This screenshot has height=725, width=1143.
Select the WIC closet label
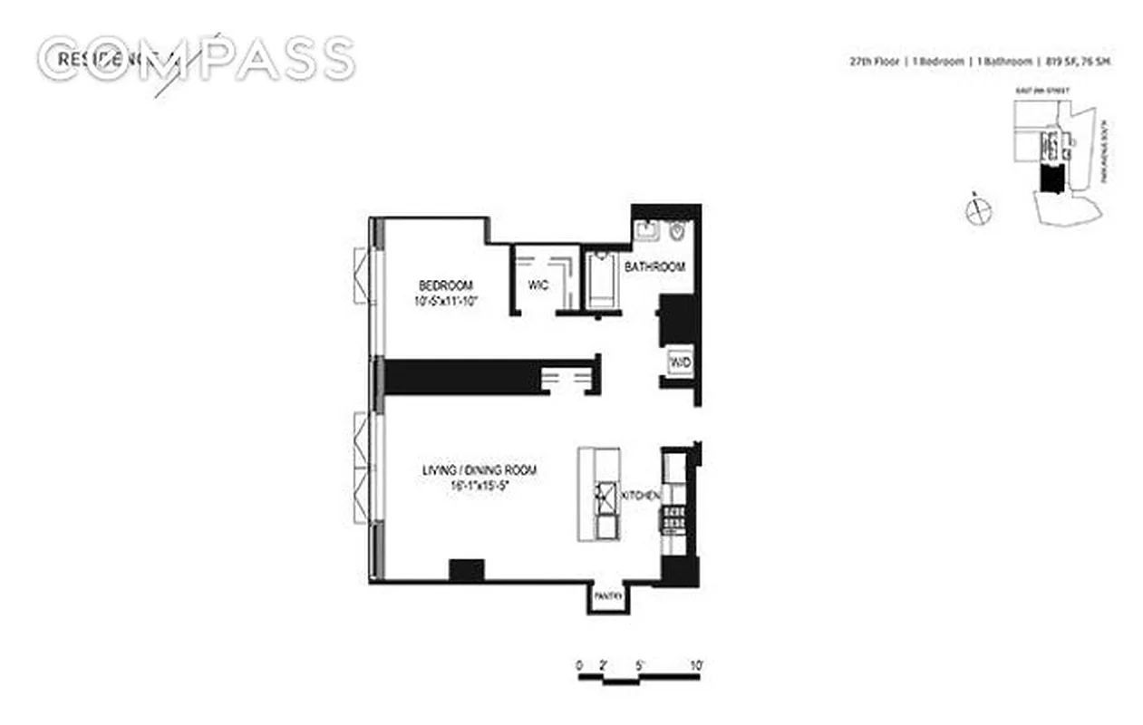[x=538, y=285]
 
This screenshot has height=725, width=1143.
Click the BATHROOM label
[x=653, y=267]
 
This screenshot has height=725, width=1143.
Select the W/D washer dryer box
[x=680, y=362]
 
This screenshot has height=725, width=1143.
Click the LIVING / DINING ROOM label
[x=479, y=470]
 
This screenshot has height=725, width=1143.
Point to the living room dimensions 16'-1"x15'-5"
[x=479, y=486]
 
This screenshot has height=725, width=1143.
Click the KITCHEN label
[x=640, y=496]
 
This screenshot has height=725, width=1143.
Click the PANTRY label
[x=605, y=596]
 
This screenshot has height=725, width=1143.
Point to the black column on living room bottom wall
[x=467, y=570]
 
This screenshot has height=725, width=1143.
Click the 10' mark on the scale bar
[x=696, y=664]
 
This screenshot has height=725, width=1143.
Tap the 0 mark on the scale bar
[x=579, y=664]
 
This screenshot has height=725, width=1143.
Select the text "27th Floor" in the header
[x=869, y=62]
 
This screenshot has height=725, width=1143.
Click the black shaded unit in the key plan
[x=1051, y=181]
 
